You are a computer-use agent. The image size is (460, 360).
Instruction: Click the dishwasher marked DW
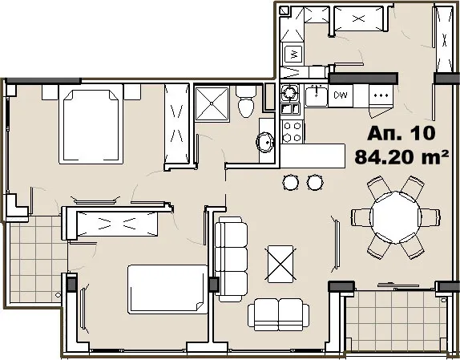point(341,96)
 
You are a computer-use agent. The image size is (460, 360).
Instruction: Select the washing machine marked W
point(294,55)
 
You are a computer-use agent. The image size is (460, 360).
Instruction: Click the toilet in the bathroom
point(247,103)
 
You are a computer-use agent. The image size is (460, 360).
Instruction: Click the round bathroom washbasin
point(263,144)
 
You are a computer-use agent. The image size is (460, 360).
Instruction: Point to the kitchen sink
point(313,97)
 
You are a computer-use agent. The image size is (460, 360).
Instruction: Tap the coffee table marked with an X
point(280,262)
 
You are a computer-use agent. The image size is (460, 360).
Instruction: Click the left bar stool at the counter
point(289,184)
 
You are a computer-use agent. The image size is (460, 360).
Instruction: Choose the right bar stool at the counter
point(313,184)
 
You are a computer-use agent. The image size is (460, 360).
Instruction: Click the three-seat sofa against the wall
point(231,257)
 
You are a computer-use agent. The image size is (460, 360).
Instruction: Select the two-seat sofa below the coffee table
point(278,313)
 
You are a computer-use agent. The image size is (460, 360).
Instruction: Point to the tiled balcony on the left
point(36,257)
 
